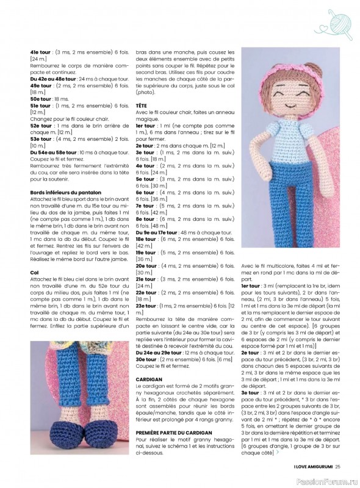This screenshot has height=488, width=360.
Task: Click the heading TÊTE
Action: [142, 106]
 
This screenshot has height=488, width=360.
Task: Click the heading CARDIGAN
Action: [149, 378]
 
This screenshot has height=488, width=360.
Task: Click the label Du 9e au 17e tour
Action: [157, 232]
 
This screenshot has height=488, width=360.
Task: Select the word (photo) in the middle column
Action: [144, 92]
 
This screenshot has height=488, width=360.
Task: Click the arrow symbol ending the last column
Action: [279, 452]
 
